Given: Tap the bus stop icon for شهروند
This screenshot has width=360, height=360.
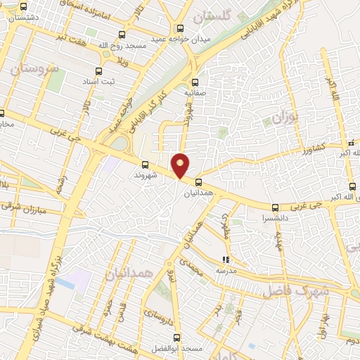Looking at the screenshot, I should (x=144, y=165).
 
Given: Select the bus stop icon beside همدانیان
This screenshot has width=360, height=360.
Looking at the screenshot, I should (x=198, y=181).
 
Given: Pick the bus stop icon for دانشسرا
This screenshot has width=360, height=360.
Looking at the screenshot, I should (x=274, y=207).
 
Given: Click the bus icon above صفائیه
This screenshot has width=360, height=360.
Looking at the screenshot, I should (x=194, y=81).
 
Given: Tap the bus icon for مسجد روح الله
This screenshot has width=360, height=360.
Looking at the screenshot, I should (x=122, y=34).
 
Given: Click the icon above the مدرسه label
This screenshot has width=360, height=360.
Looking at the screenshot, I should (x=226, y=259).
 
